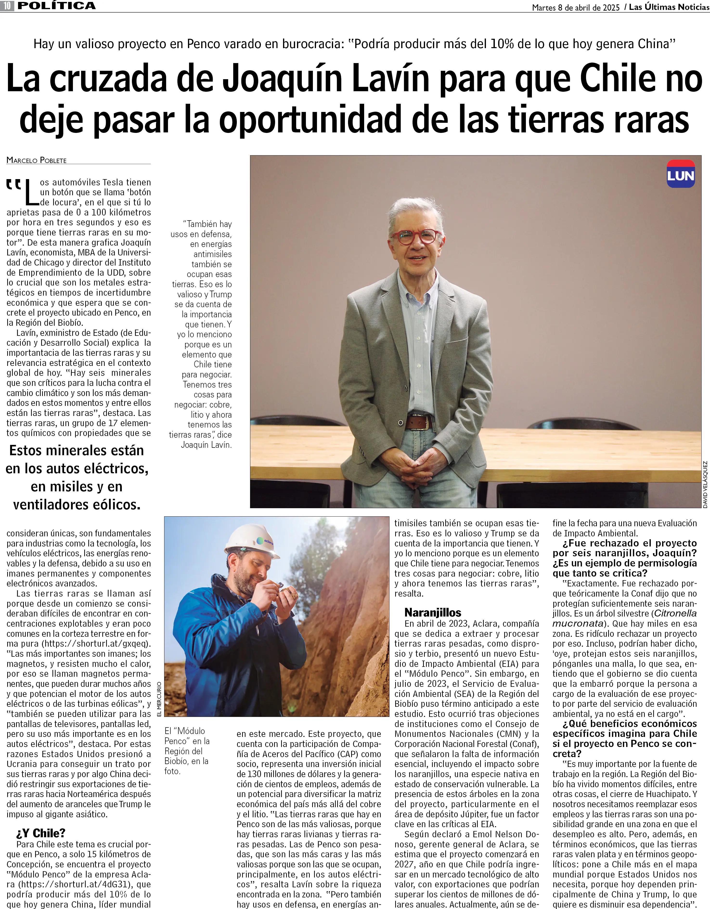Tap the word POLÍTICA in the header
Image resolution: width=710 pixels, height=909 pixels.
57,6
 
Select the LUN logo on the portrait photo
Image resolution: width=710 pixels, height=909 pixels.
680,174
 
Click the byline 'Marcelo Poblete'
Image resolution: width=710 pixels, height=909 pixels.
37,160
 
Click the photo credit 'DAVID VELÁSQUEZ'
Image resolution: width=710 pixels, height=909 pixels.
705,484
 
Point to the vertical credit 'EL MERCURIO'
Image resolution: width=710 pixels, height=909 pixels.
159,699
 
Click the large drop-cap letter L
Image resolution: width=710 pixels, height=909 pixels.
32,193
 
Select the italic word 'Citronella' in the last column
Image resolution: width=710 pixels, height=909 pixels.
675,613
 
